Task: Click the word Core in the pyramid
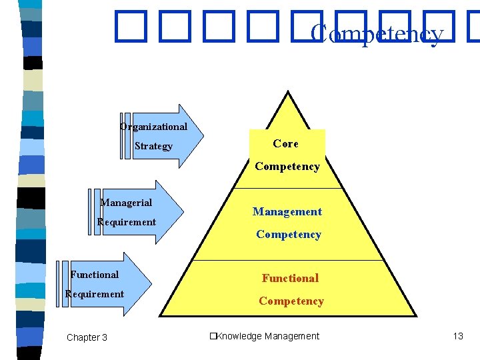[x=285, y=143]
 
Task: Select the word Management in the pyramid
[x=287, y=212]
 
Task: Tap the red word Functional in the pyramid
[x=290, y=278]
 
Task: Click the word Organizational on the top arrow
[x=153, y=127]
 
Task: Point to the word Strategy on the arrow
[x=153, y=146]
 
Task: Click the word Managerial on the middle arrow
[x=126, y=203]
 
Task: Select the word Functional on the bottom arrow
[x=95, y=275]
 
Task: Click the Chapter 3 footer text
[x=87, y=337]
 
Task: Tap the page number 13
[x=457, y=336]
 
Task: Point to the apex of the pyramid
[x=288, y=94]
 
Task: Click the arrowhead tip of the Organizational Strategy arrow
[x=203, y=136]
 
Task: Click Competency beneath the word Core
[x=287, y=167]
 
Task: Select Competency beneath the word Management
[x=289, y=235]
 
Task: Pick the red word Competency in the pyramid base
[x=291, y=301]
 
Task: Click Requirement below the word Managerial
[x=127, y=222]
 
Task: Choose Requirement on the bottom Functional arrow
[x=95, y=294]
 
